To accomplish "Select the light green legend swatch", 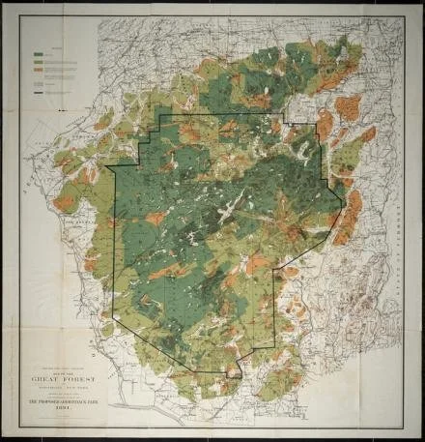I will (38, 62).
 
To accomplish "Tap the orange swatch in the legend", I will (38, 71).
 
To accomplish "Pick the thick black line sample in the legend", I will (38, 93).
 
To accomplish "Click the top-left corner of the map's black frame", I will (20, 18).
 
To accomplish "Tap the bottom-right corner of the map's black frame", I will (405, 427).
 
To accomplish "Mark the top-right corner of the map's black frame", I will (405, 18).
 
